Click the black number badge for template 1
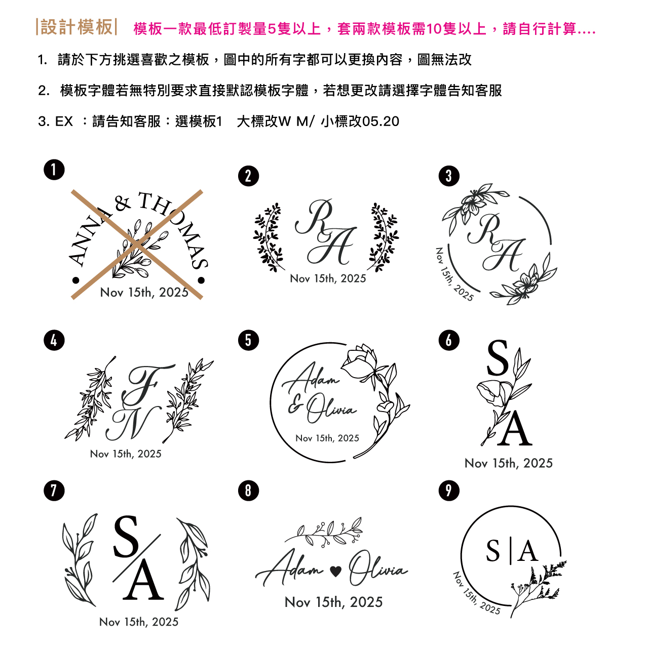[54, 170]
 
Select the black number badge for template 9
[449, 490]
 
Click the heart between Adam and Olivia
[335, 572]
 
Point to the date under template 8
[333, 602]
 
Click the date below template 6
[508, 463]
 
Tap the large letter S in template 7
[126, 537]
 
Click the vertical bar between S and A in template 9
[511, 552]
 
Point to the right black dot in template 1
[201, 280]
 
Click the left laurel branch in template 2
[269, 237]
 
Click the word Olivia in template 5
[331, 409]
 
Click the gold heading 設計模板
[77, 27]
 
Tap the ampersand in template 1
[123, 203]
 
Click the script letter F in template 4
[147, 385]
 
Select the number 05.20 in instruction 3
[380, 121]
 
